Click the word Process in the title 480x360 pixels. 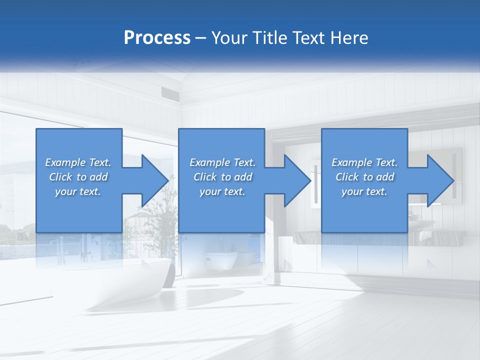(157, 37)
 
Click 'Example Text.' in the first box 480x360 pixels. (78, 162)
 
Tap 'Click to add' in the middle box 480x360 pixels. (222, 177)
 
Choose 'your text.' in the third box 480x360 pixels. (364, 191)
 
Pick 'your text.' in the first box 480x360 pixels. (78, 191)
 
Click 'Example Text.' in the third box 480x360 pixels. (364, 162)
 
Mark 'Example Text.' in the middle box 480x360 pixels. (222, 162)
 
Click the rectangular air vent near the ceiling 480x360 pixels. (168, 92)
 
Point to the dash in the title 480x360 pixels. (201, 38)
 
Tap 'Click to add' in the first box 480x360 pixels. (78, 177)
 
